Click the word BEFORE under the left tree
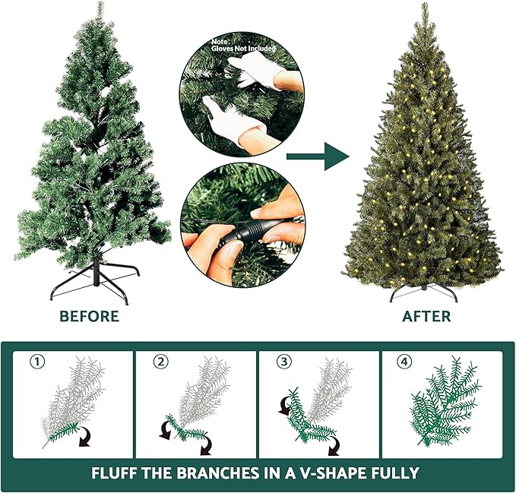coord(90,315)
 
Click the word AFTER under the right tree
coord(426,315)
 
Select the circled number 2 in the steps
coord(160,362)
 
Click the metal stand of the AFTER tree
coord(422,291)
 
